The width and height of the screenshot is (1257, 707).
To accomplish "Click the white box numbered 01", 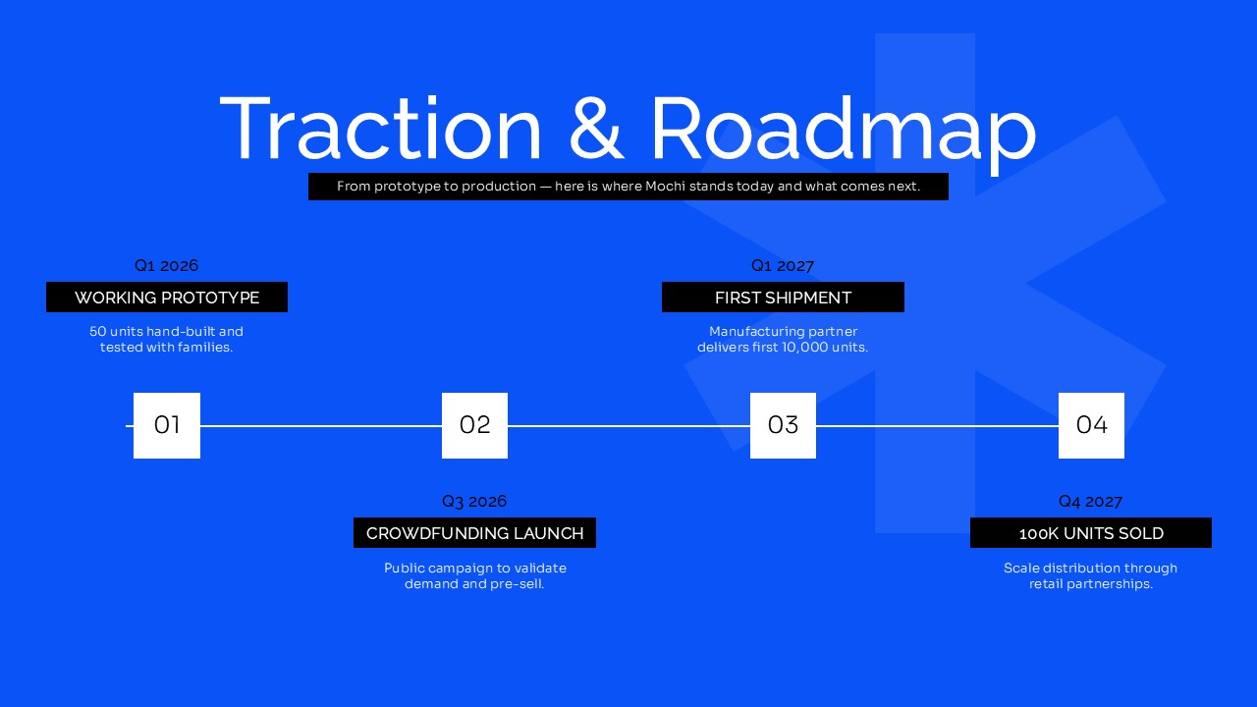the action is click(167, 425).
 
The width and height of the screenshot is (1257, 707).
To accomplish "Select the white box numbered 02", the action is click(474, 425).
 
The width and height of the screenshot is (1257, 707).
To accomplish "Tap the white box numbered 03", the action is click(783, 425).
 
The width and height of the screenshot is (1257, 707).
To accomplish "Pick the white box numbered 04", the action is click(1091, 425).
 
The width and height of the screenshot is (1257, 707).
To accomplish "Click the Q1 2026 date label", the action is click(167, 265).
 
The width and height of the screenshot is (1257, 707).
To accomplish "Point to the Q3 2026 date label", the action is click(474, 501).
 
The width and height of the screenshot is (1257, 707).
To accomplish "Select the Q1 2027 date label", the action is click(783, 265).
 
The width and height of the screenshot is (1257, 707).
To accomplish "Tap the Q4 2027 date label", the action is click(1090, 501).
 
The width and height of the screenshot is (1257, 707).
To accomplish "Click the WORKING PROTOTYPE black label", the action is click(167, 297).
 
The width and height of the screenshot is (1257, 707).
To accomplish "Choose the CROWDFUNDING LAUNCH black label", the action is click(474, 532).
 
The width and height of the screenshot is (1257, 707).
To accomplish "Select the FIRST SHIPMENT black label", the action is click(783, 297).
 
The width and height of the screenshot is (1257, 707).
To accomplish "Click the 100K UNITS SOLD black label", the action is click(1091, 532).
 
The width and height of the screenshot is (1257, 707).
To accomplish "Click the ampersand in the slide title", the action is click(596, 129).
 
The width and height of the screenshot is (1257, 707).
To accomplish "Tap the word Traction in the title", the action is click(380, 128).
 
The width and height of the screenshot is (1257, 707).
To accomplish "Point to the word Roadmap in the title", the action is click(844, 134).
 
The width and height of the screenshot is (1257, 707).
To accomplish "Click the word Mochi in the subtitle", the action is click(665, 187).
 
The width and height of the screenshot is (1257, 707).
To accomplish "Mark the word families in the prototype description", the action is click(204, 348).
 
